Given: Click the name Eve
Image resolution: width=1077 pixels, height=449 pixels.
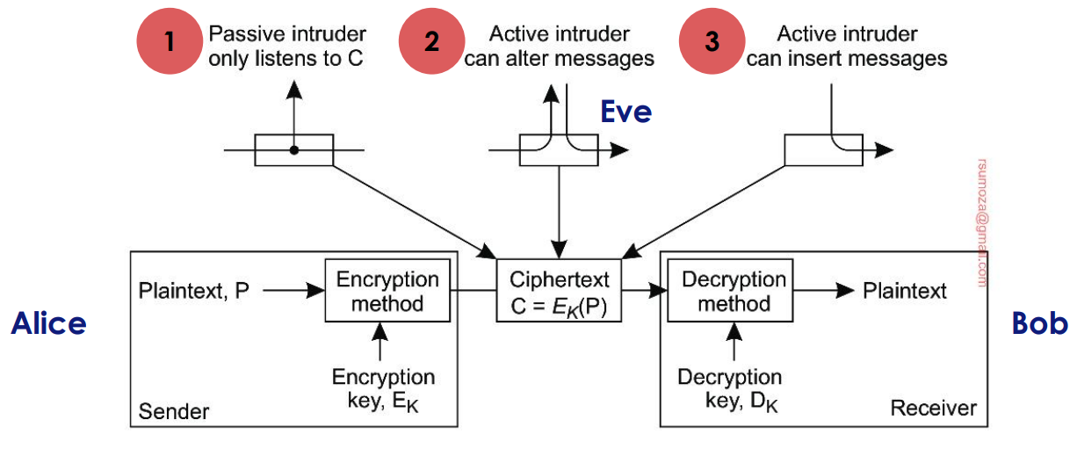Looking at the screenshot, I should (625, 112).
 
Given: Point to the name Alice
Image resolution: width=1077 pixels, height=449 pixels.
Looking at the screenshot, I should (48, 324).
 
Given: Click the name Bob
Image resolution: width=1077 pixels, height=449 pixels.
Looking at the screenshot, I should (1039, 323).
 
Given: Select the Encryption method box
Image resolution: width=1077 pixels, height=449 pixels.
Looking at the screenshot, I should (387, 292).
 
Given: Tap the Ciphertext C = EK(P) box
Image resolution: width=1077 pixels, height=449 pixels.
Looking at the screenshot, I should (560, 291).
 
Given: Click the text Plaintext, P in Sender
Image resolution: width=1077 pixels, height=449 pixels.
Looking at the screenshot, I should (194, 291).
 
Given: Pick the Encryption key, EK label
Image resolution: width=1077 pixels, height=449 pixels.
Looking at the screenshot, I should (383, 389).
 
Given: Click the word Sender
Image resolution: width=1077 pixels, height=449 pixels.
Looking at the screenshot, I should (174, 410).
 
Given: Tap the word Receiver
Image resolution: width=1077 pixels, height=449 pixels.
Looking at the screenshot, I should (933, 408).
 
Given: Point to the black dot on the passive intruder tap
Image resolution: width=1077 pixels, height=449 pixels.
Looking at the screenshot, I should (294, 150).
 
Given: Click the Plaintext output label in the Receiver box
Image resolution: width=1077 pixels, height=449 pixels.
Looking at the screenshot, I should (905, 291).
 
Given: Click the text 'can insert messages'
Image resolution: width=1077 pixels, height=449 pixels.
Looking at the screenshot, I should (847, 59).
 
